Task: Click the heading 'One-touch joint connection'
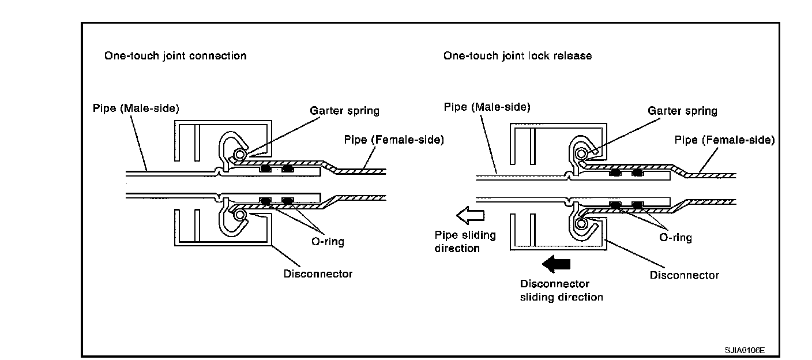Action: pyautogui.click(x=175, y=56)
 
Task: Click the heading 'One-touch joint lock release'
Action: pyautogui.click(x=517, y=56)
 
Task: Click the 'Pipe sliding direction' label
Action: pyautogui.click(x=464, y=242)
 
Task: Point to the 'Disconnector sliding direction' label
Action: pyautogui.click(x=561, y=290)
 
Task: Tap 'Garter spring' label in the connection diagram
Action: pyautogui.click(x=344, y=110)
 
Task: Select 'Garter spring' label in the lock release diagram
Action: pyautogui.click(x=682, y=111)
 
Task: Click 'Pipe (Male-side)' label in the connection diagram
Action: pyautogui.click(x=136, y=108)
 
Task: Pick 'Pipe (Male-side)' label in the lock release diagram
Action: pyautogui.click(x=487, y=107)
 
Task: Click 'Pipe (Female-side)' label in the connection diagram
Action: pyautogui.click(x=394, y=140)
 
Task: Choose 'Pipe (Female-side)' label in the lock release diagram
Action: pyautogui.click(x=725, y=140)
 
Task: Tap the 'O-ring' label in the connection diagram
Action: pyautogui.click(x=328, y=241)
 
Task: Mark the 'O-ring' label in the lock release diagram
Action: pyautogui.click(x=676, y=237)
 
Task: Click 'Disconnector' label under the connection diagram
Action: pyautogui.click(x=317, y=273)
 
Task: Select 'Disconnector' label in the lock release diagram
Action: pyautogui.click(x=684, y=275)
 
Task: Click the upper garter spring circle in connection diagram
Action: pyautogui.click(x=238, y=155)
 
